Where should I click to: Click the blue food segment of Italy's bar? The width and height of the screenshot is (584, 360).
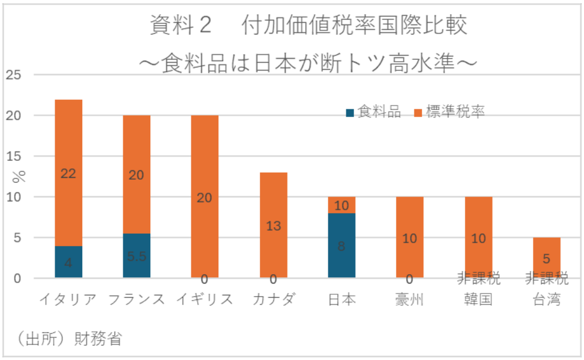coord(68,262)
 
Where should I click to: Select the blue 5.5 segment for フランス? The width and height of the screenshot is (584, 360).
coord(136,255)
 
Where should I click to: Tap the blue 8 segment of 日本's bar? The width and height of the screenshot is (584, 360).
coord(341,245)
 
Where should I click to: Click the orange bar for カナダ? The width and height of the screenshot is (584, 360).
coord(274,225)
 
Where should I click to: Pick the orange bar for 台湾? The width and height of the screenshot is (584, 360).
coord(546,257)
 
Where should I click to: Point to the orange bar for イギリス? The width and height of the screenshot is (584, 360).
coord(205,197)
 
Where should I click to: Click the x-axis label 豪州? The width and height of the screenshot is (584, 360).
coord(410,300)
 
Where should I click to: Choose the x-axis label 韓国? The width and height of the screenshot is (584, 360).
coord(478,300)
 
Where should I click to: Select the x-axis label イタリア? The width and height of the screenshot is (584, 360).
coord(68,300)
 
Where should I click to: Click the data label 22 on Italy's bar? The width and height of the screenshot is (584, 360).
coord(68,174)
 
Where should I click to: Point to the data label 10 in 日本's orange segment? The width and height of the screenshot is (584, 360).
coord(341,206)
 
